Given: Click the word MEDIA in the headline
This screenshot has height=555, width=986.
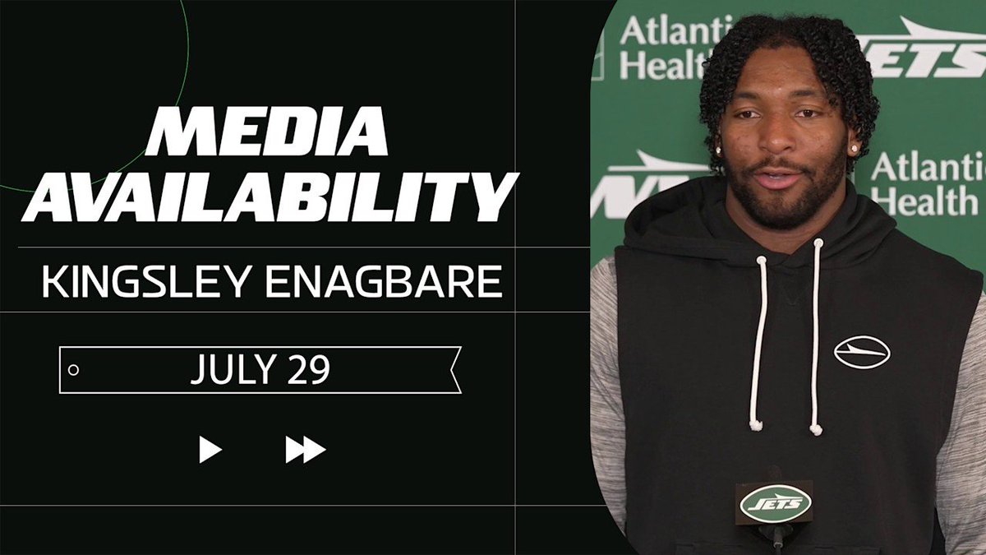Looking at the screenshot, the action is (x=267, y=131).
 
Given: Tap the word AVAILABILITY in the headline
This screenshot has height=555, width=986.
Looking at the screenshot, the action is (x=270, y=197).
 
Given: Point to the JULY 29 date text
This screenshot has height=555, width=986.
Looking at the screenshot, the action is (x=260, y=369).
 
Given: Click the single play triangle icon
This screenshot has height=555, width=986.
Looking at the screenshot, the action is (x=210, y=449).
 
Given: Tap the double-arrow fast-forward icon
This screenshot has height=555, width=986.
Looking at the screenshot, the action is (x=306, y=449).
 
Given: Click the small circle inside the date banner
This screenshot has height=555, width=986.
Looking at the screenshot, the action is (x=73, y=370).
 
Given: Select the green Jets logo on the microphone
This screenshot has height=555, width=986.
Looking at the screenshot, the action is (x=776, y=503).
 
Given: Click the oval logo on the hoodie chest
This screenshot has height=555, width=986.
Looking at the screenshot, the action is (x=862, y=352).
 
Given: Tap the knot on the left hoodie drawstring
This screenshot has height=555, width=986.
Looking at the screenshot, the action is (x=756, y=425).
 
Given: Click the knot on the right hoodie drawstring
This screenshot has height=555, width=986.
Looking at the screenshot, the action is (x=816, y=429).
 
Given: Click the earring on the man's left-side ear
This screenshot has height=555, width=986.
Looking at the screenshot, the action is (x=718, y=150).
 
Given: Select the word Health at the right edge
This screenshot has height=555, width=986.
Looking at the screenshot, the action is (x=928, y=201).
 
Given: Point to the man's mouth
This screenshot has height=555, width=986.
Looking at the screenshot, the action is (x=779, y=177).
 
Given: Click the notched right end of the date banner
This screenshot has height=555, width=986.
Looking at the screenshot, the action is (x=454, y=370).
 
